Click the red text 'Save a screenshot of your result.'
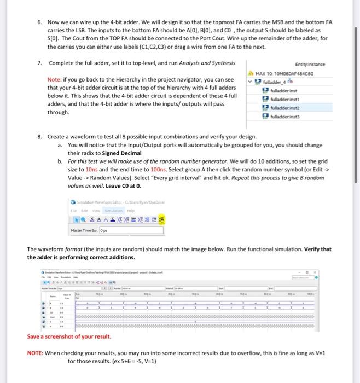tap(69, 336)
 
